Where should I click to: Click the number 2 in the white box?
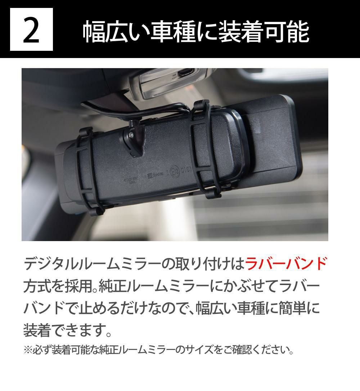(x=31, y=30)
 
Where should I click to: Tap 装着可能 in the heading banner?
(x=264, y=32)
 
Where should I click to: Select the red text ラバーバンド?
(x=286, y=264)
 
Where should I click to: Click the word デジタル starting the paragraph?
(x=50, y=264)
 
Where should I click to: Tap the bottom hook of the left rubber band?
(x=98, y=212)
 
